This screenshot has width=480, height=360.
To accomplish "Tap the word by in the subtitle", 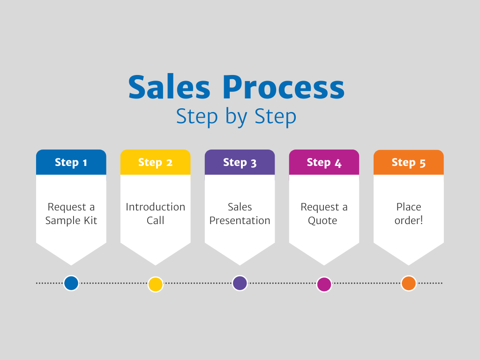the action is click(236, 117).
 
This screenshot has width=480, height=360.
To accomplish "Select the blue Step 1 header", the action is click(71, 162).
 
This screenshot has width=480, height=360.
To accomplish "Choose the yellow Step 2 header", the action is click(156, 162).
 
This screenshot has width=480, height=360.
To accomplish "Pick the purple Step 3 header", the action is click(240, 162).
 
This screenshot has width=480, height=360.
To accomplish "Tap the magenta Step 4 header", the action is click(324, 162).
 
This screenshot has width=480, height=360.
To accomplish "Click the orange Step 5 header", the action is click(409, 162).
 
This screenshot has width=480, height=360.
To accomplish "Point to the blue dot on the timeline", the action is click(71, 283).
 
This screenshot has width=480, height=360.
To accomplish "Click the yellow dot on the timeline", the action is click(156, 284).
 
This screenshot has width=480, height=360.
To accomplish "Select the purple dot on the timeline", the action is click(240, 283).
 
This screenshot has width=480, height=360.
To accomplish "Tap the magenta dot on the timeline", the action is click(324, 284).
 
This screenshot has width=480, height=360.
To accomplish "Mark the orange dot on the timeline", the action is click(409, 283).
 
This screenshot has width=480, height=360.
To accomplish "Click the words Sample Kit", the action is click(71, 221).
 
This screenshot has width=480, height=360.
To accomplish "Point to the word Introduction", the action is click(156, 207).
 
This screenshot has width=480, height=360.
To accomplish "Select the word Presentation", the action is click(240, 220).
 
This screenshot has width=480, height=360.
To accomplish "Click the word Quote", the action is click(322, 221).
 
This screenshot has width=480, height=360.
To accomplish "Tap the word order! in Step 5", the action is click(409, 220).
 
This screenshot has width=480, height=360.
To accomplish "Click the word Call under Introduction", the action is click(156, 220).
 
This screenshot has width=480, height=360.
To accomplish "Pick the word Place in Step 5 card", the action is click(409, 207).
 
